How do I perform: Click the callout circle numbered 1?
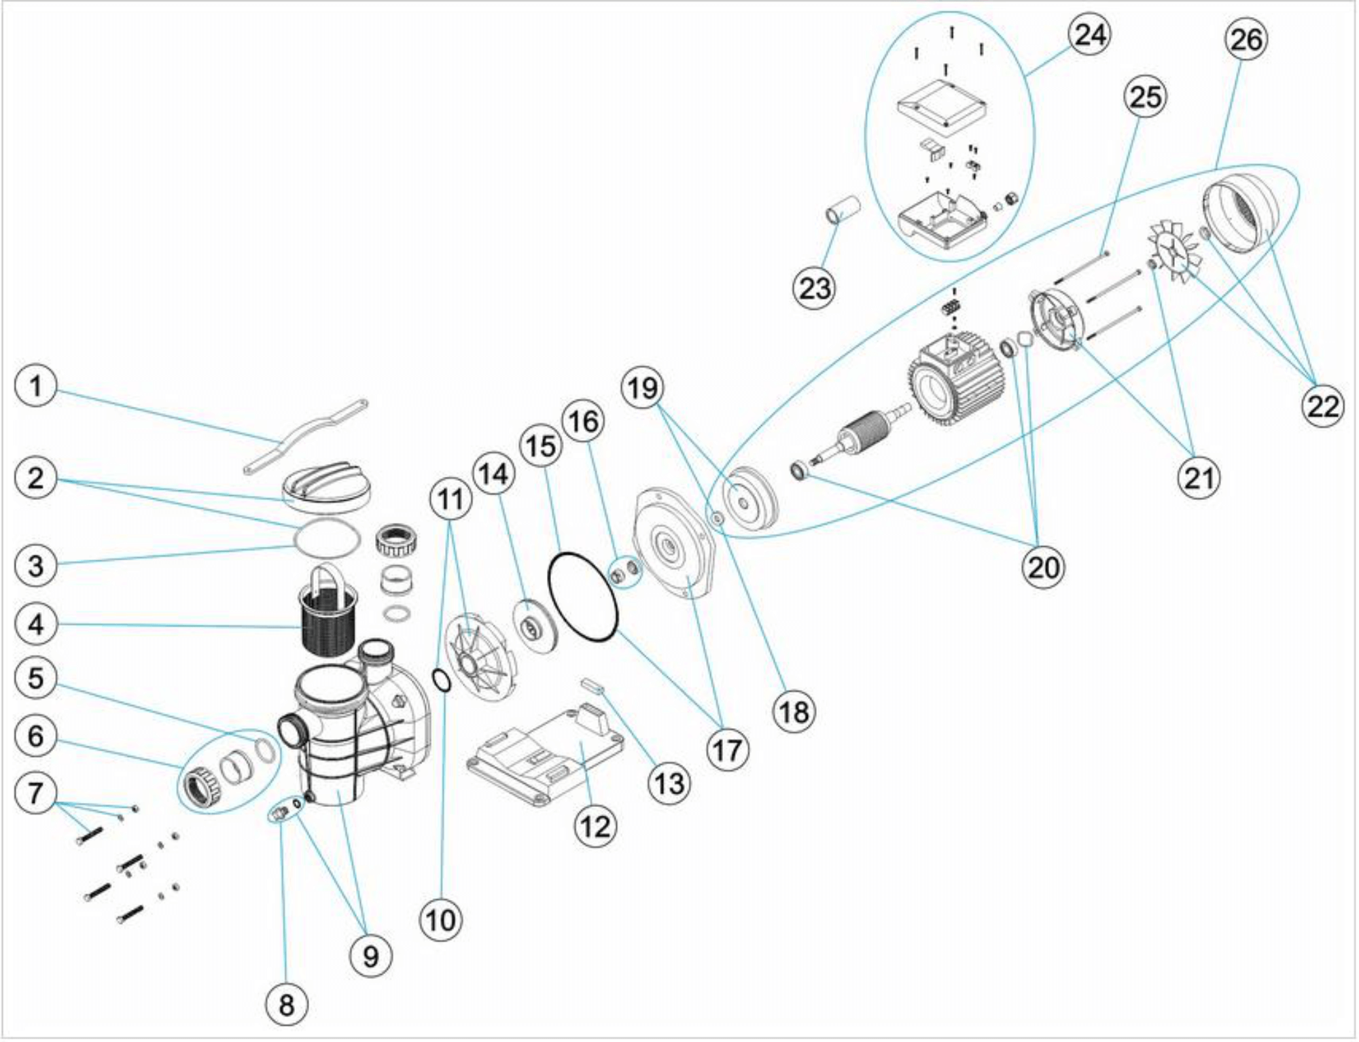(x=36, y=387)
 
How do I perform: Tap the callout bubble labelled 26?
(x=1246, y=41)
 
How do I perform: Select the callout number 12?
(x=596, y=827)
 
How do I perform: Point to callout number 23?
(x=815, y=289)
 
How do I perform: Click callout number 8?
(x=287, y=1004)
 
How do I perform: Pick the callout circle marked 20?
(x=1043, y=566)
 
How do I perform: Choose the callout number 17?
(x=728, y=751)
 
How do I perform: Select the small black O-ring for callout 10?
(x=441, y=680)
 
